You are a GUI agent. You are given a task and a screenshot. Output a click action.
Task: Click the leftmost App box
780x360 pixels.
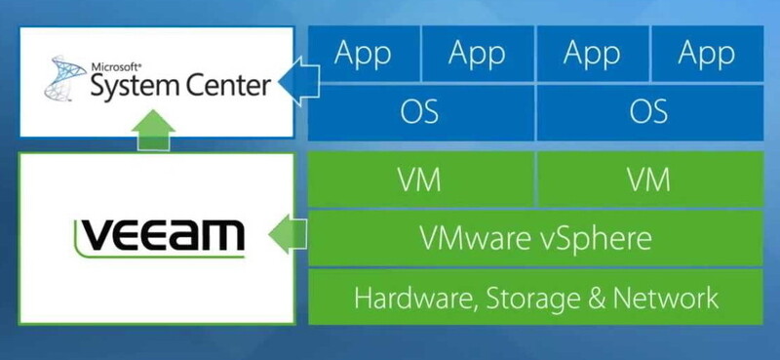pyautogui.click(x=364, y=55)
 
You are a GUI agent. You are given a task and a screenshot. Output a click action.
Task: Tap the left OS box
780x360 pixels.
pyautogui.click(x=419, y=110)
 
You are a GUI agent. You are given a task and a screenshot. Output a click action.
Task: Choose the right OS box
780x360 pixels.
pyautogui.click(x=647, y=110)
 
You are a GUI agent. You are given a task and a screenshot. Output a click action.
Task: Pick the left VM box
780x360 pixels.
pyautogui.click(x=419, y=180)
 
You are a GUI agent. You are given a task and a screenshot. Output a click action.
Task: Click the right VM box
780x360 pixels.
pyautogui.click(x=647, y=180)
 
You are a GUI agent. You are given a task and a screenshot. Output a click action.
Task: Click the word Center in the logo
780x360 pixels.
pyautogui.click(x=224, y=86)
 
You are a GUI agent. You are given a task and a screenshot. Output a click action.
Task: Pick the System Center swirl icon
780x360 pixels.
pyautogui.click(x=63, y=81)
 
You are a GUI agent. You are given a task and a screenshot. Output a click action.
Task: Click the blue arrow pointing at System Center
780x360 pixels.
pyautogui.click(x=292, y=82)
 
